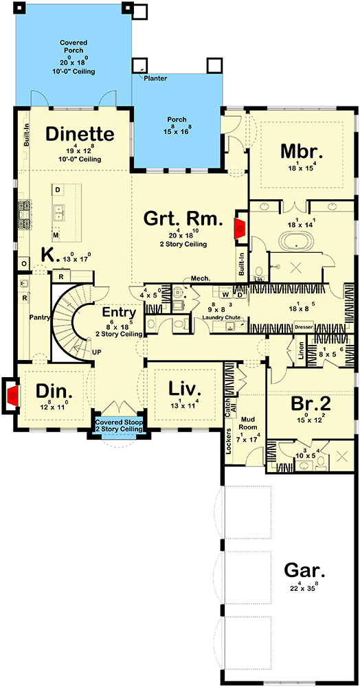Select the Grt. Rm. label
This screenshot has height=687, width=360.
[183, 219]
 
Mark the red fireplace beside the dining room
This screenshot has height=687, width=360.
[12, 396]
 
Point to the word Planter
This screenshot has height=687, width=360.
[155, 78]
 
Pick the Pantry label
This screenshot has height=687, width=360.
[38, 317]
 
